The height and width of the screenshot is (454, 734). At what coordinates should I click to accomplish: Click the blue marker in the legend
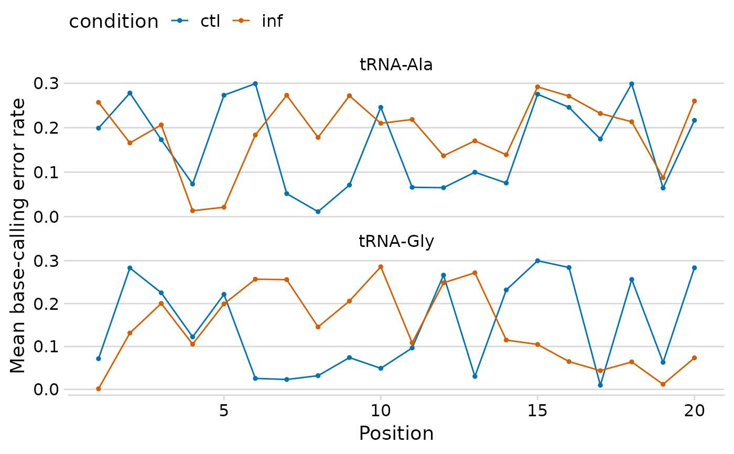180,20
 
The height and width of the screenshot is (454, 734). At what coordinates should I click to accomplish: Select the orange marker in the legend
241,20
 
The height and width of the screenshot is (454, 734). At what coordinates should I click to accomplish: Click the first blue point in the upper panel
99,128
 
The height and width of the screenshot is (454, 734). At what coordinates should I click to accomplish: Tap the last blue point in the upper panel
694,120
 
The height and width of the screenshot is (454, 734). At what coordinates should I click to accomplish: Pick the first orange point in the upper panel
99,102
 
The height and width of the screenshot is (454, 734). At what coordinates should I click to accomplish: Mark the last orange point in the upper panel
694,101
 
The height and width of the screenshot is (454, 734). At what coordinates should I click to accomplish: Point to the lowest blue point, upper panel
318,212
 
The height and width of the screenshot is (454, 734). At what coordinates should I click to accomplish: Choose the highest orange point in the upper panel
537,87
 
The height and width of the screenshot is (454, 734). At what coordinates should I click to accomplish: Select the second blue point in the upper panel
130,93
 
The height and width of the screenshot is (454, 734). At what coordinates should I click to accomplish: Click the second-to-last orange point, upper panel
663,177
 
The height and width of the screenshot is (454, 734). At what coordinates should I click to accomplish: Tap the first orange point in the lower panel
99,388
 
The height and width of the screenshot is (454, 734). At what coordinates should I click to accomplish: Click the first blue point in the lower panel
99,359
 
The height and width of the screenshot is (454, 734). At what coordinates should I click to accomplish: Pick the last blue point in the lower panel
694,268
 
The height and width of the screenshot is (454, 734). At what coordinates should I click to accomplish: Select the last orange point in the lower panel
694,358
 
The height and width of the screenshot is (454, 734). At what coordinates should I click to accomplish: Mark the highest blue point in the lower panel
537,261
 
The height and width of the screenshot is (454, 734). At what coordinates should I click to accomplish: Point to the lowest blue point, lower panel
600,385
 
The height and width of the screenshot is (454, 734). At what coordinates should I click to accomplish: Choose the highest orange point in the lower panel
381,267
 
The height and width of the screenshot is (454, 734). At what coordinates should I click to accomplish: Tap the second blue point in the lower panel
130,268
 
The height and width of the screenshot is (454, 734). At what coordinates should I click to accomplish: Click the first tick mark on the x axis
224,398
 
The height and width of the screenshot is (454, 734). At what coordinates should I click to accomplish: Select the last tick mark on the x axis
694,398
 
